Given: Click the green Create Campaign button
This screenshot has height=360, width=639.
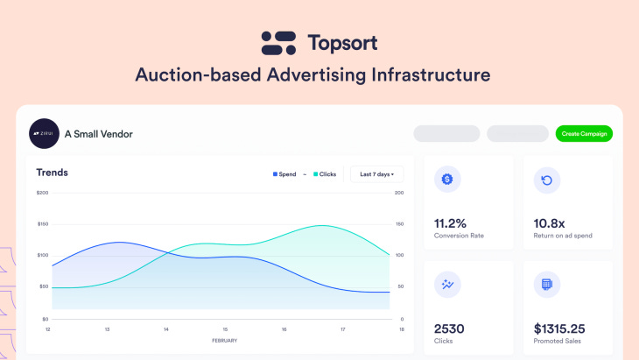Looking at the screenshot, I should [584, 134].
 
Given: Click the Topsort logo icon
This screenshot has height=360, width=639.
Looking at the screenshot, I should [279, 42].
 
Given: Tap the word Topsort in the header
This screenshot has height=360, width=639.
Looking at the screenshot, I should [342, 42].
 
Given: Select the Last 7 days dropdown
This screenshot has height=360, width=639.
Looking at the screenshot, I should [377, 174].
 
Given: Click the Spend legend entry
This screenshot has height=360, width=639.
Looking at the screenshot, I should [284, 174].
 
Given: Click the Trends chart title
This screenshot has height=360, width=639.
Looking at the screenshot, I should [52, 173].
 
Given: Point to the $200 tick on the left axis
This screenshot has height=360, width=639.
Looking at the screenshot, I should [42, 193].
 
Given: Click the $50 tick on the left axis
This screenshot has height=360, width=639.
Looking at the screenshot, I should [43, 287].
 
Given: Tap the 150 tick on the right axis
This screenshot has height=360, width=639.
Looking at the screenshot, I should [399, 224].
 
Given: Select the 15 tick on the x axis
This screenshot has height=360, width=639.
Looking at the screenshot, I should [225, 329].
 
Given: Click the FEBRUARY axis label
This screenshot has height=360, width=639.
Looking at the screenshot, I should [224, 340].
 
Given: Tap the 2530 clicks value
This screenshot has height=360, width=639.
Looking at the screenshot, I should [450, 328].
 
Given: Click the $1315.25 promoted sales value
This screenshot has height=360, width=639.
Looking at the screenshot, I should [565, 328].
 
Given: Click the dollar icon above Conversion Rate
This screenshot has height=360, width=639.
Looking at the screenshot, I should [447, 180].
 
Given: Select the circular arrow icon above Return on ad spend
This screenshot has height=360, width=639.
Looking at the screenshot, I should [547, 180].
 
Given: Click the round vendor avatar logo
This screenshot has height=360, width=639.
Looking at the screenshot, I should [43, 134].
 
